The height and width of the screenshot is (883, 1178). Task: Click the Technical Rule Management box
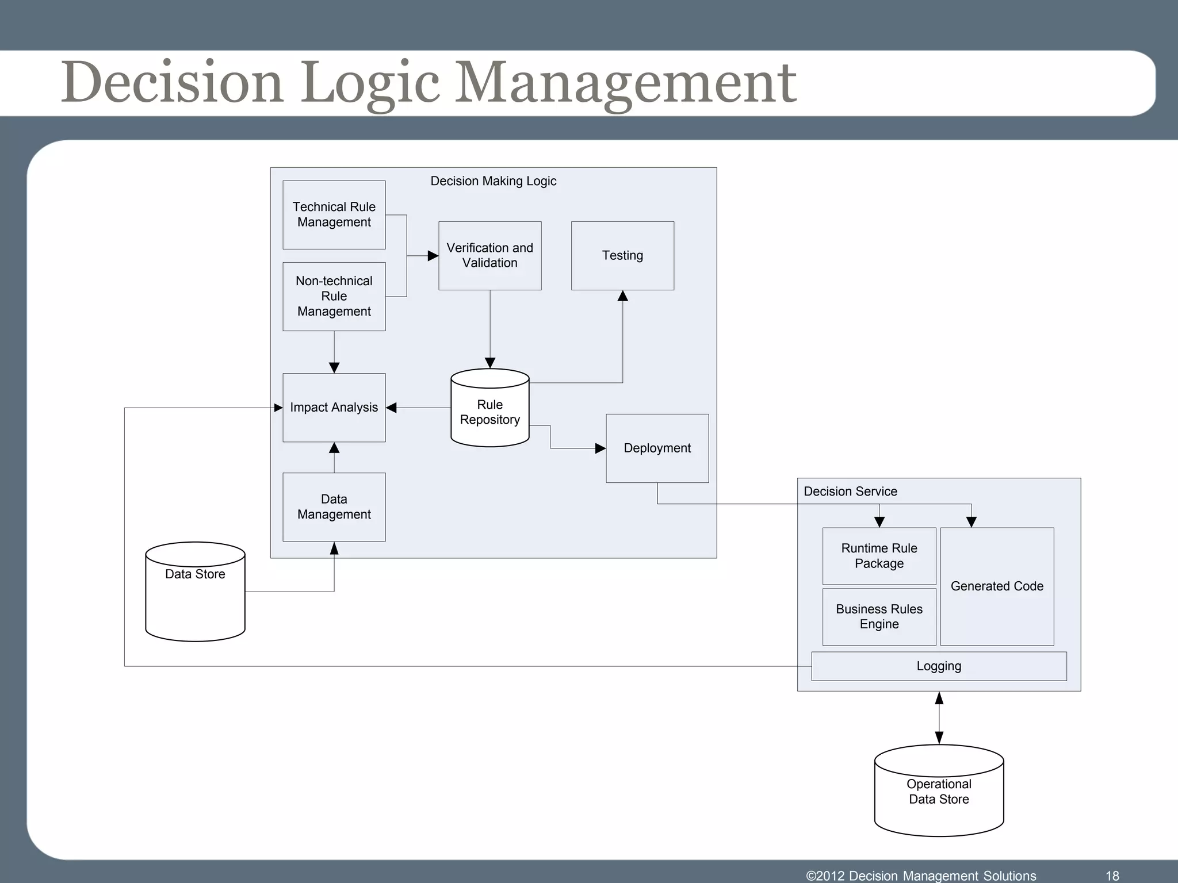click(334, 214)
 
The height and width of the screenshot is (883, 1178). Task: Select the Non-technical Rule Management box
click(334, 296)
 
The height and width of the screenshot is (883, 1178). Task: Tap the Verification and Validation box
click(489, 255)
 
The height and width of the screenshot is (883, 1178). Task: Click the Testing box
click(622, 255)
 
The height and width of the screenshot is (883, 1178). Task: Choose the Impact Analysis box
click(334, 408)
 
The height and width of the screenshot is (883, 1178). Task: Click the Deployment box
click(657, 448)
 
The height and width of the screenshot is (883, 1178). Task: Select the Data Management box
click(334, 506)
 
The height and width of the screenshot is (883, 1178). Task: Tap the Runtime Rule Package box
click(879, 556)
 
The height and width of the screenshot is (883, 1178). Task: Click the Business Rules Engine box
click(879, 616)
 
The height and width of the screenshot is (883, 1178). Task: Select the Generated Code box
click(997, 586)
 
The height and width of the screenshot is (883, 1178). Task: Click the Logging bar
click(939, 666)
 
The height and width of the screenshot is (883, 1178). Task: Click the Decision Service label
click(850, 492)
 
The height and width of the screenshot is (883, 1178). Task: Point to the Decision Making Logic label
click(493, 181)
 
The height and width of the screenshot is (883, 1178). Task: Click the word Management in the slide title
click(625, 83)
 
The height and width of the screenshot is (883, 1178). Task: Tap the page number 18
click(1112, 876)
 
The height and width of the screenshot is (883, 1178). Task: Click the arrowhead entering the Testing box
click(622, 297)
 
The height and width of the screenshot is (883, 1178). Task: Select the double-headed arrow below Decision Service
click(939, 718)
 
